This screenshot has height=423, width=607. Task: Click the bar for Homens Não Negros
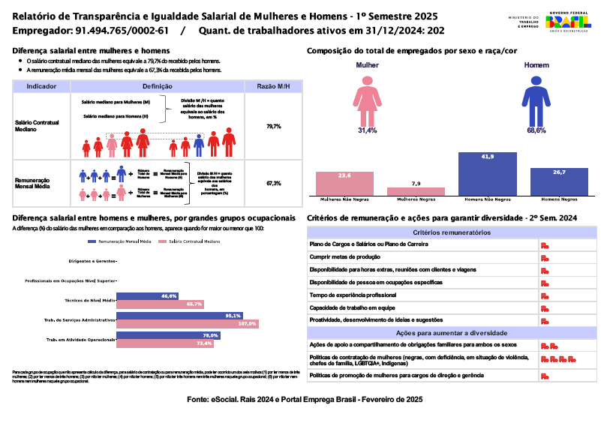[x=488, y=174]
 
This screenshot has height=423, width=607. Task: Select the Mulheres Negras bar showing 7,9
[x=416, y=191]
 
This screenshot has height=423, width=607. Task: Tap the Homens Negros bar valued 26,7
[x=558, y=182]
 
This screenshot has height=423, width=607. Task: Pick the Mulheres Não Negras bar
[x=344, y=184]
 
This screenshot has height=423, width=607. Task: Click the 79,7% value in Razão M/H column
[x=273, y=127]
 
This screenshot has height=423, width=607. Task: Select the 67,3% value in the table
[x=273, y=183]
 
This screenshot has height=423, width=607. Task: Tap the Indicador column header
[x=41, y=86]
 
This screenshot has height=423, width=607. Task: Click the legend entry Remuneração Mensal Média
[x=120, y=242]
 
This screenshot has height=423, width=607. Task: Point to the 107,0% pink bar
[x=188, y=324]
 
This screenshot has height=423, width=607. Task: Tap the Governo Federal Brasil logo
[x=567, y=22]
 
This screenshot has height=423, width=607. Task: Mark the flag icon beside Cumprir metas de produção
[x=544, y=257]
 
